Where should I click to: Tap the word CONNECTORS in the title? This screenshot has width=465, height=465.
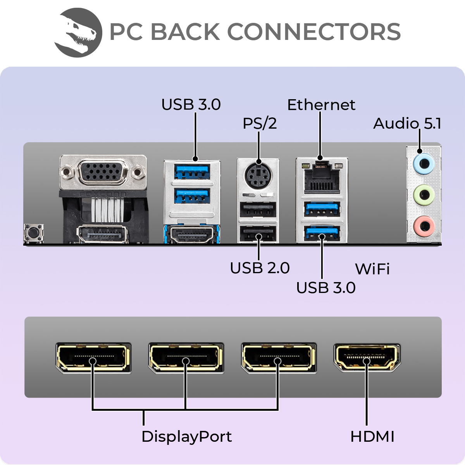[313, 32]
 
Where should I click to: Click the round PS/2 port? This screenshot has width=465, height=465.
[258, 176]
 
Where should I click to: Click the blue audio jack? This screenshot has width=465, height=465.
[424, 164]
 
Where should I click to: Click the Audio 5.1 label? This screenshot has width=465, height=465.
[407, 124]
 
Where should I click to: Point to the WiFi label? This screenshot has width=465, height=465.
[372, 269]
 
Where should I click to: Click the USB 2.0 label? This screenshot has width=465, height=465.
[260, 268]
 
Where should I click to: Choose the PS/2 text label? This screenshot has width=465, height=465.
[260, 124]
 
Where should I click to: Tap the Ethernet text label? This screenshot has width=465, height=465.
[321, 105]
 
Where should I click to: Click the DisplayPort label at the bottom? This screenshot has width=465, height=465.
[186, 437]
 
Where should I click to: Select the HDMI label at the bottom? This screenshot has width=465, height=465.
[372, 437]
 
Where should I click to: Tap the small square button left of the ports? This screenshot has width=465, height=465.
[33, 233]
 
